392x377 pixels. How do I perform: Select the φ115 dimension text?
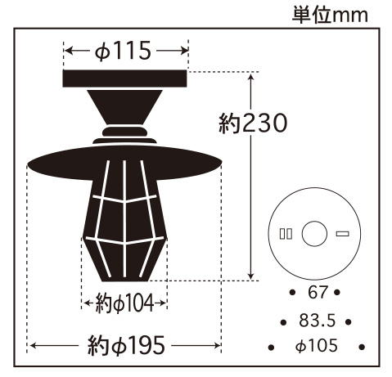tap(124, 52)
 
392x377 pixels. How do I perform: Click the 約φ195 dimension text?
tap(125, 345)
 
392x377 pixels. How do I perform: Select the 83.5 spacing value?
tap(315, 320)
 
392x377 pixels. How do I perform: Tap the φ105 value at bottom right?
tap(315, 348)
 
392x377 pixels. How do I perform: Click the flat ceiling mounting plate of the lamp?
tap(126, 79)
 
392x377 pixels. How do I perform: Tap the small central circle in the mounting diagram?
tap(314, 234)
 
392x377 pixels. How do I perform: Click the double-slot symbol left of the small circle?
tap(285, 234)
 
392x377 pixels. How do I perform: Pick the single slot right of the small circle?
tap(342, 234)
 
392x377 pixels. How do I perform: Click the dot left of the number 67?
tap(293, 292)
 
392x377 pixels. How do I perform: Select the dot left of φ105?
tap(270, 348)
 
